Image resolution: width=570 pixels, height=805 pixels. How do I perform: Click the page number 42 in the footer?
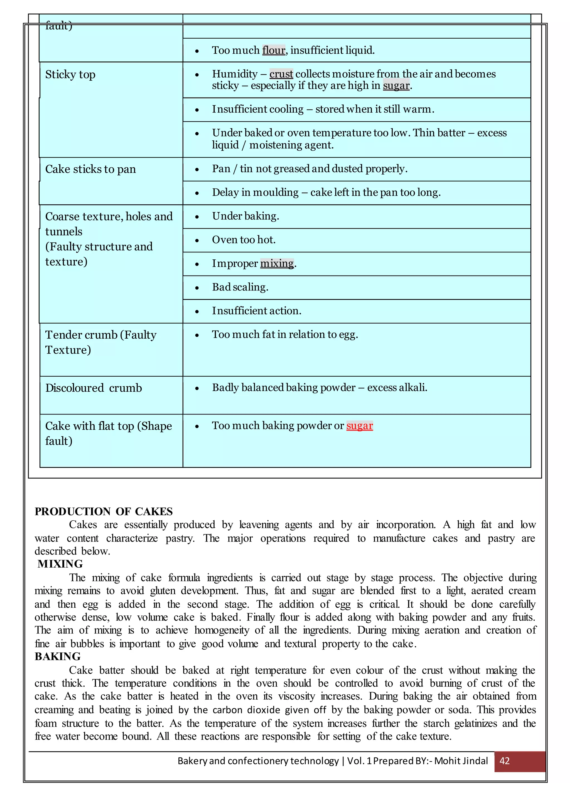pos(504,761)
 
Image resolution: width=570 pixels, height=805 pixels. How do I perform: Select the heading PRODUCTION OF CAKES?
pos(104,511)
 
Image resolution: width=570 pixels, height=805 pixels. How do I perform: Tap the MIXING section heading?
pos(60,563)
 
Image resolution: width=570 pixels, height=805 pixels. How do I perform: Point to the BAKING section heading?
pos(58,656)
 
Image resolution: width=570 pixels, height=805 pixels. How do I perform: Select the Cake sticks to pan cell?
pos(90,169)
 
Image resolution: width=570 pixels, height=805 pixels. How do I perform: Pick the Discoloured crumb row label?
pos(94,388)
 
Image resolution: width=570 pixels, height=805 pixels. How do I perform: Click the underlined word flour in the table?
pos(274,50)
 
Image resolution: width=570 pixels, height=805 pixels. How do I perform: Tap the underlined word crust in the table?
pos(281,74)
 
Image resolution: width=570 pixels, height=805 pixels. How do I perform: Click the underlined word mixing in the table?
pos(277,263)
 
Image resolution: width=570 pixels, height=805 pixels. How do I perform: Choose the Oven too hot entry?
pos(244,240)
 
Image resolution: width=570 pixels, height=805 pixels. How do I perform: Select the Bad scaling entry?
pos(240,287)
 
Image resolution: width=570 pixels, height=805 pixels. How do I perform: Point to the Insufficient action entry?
pos(257,311)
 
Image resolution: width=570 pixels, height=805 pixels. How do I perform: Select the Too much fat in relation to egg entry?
pos(285,334)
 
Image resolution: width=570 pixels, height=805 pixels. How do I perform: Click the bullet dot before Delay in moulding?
pos(197,193)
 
